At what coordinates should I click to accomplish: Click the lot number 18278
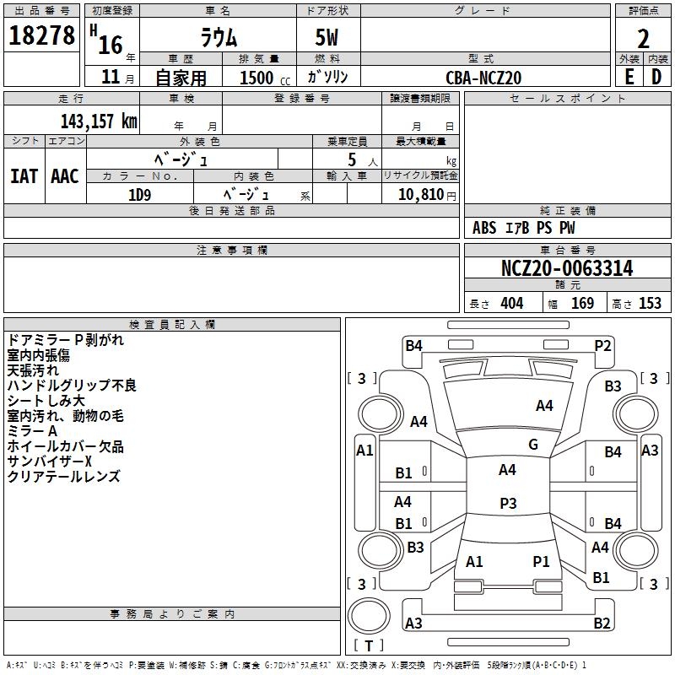[41, 35]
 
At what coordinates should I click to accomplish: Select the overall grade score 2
[643, 39]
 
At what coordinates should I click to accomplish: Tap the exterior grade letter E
[629, 77]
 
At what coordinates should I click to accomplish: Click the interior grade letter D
[656, 77]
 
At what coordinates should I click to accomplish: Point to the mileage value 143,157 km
[99, 121]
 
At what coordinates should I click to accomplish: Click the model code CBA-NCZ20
[483, 78]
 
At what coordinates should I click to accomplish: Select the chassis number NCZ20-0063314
[567, 268]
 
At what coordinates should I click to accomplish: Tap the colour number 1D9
[139, 196]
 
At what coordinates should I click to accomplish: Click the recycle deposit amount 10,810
[420, 195]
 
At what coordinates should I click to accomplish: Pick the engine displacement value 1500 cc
[265, 78]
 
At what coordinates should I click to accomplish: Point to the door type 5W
[327, 37]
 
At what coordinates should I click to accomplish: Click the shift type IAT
[24, 176]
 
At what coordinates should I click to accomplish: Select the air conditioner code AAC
[65, 176]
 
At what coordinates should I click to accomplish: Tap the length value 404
[512, 304]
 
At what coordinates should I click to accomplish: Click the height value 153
[650, 304]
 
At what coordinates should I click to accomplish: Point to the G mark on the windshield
[533, 445]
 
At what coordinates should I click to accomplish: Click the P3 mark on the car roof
[508, 503]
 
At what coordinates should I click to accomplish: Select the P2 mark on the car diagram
[602, 346]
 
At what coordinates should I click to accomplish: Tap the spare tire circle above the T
[369, 616]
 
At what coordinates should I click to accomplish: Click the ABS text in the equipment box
[484, 228]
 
